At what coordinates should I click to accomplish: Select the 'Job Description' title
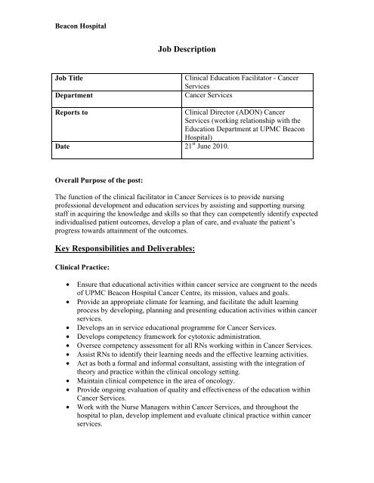pos(187,50)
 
